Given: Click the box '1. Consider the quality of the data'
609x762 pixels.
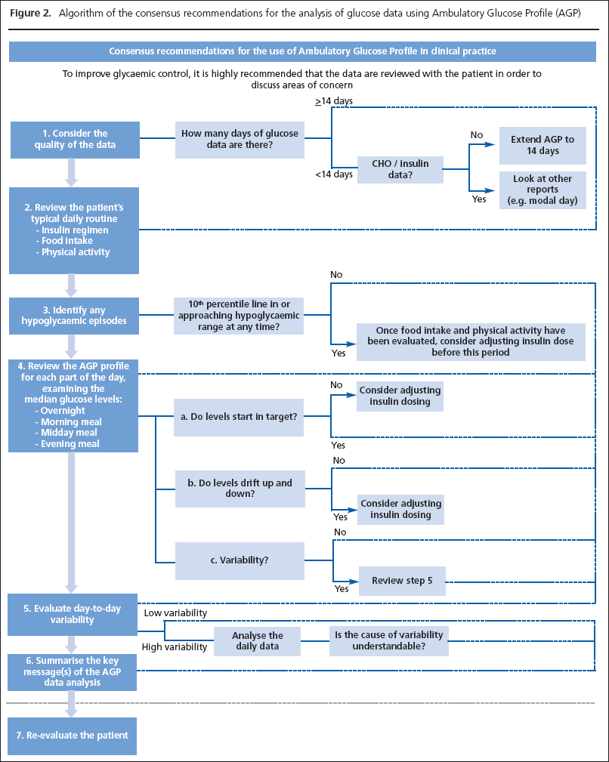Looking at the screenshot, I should tap(75, 140).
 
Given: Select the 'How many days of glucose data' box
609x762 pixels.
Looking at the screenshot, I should tap(240, 140).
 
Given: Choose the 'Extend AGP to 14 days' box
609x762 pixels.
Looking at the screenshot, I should tap(543, 146).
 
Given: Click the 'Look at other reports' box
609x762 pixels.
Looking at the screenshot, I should tap(543, 190).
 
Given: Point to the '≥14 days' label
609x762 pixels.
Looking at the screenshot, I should tap(335, 100).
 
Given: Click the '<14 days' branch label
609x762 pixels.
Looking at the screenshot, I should tap(334, 174).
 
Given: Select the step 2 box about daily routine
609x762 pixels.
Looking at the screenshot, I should tap(75, 230).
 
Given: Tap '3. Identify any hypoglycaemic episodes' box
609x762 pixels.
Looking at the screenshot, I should tap(75, 315).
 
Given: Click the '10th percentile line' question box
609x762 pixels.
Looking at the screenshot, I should tap(239, 315).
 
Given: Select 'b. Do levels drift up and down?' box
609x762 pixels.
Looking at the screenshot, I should tap(239, 487).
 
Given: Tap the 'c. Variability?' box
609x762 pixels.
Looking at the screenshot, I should tap(239, 560).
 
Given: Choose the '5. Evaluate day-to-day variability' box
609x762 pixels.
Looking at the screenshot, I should tap(75, 615).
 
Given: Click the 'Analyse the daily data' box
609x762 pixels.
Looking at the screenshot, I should tap(257, 641).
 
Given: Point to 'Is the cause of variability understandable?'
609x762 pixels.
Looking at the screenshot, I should tap(388, 641).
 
